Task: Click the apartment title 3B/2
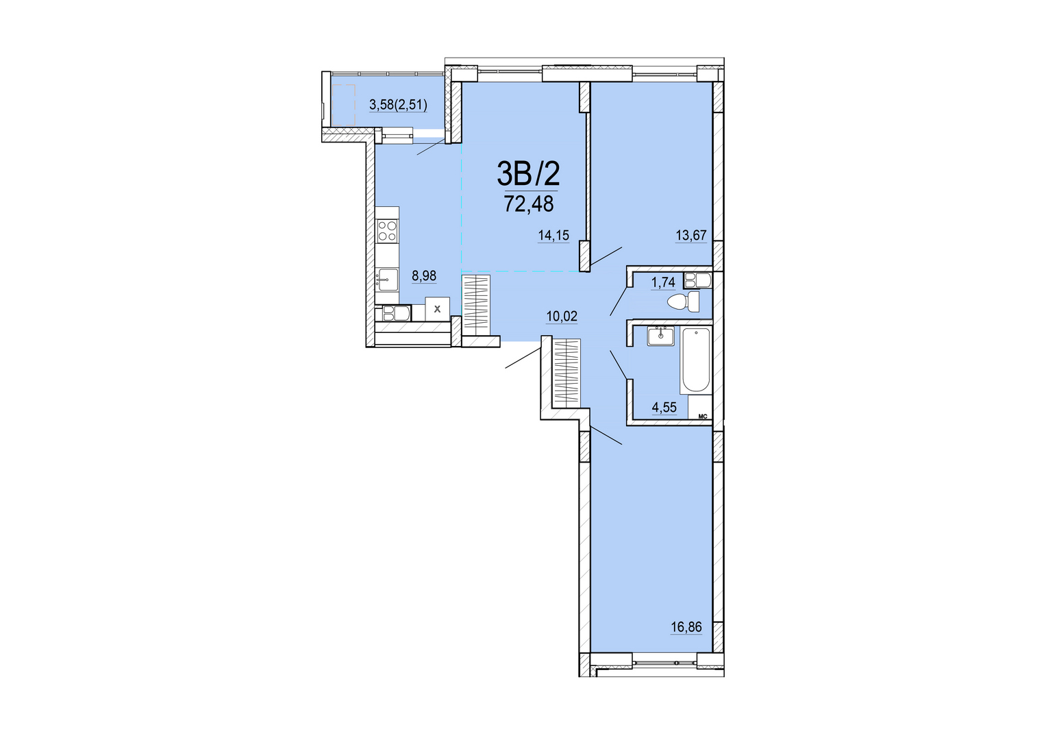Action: coord(528,174)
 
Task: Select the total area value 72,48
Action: coord(529,204)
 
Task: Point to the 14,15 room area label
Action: coord(553,236)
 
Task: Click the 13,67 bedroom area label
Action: coord(691,236)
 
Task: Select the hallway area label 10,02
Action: coord(562,317)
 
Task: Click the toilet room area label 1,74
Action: coord(663,282)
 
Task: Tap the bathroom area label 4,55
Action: coord(664,408)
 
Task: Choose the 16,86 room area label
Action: coord(686,627)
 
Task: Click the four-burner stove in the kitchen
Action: coord(388,232)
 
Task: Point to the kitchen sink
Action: coord(388,280)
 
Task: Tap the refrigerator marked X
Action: coord(438,309)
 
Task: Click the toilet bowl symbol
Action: coord(684,302)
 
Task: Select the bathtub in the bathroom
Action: coord(696,360)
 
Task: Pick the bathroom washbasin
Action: coord(661,336)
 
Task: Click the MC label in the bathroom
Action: coord(702,415)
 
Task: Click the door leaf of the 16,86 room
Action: coord(606,435)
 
